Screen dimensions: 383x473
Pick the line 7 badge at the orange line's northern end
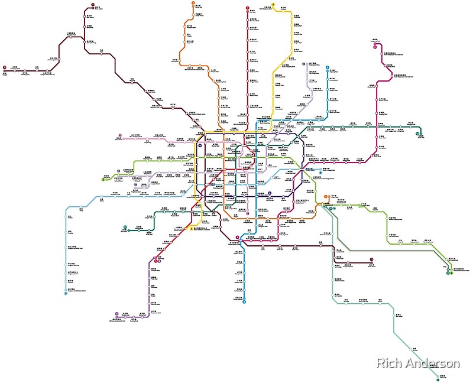click(x=193, y=4)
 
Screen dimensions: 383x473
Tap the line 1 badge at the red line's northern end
click(x=247, y=8)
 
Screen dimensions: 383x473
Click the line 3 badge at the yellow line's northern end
click(x=273, y=4)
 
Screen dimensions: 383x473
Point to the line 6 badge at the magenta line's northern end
click(x=374, y=43)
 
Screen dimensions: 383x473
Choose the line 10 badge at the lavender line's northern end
click(x=303, y=63)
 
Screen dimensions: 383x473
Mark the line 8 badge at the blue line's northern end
click(x=327, y=67)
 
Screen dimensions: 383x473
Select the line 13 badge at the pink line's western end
click(x=119, y=135)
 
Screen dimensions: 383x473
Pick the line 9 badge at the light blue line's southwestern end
click(x=66, y=293)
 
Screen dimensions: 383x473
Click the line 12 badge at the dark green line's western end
click(x=125, y=227)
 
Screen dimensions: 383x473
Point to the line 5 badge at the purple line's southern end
click(x=116, y=313)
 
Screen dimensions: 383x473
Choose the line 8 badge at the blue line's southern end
click(x=244, y=301)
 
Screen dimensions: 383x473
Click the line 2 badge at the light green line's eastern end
click(x=450, y=272)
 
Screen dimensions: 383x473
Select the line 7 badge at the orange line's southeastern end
click(x=326, y=205)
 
